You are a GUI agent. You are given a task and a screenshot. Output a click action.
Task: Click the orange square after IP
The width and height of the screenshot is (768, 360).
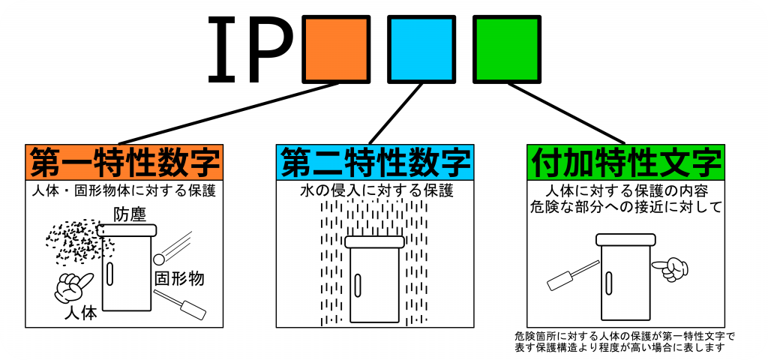(335, 49)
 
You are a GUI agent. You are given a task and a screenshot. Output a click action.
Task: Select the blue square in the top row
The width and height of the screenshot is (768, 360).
(421, 49)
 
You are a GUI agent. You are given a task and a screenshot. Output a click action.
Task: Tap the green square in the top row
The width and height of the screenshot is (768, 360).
(506, 49)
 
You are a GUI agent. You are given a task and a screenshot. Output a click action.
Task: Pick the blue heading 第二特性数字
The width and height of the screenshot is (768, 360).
(375, 161)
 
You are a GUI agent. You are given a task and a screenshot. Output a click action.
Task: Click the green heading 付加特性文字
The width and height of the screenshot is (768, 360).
(625, 161)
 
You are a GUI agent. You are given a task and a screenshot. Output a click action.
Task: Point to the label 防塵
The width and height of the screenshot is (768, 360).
(130, 214)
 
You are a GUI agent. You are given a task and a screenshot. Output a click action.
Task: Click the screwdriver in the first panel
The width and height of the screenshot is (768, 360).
(185, 304)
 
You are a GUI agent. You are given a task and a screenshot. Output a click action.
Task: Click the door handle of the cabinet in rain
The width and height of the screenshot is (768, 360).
(358, 286)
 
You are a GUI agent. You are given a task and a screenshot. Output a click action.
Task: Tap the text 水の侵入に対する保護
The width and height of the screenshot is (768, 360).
(375, 190)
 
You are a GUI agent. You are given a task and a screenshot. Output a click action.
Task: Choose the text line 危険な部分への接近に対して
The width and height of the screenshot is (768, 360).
(625, 207)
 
